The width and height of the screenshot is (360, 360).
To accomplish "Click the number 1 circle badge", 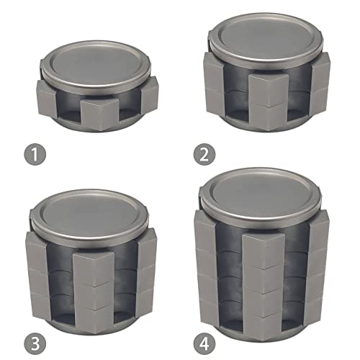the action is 35,154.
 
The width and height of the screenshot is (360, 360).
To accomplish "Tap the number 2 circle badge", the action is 204,154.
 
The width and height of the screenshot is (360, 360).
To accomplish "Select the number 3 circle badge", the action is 35,343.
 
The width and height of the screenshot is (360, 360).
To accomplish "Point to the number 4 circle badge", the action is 204,343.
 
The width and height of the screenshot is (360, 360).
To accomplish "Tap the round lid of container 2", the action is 265,38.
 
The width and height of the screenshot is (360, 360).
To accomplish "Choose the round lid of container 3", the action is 89,216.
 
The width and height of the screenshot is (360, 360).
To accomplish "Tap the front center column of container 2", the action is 269,102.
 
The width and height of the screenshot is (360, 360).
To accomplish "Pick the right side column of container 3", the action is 147,271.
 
